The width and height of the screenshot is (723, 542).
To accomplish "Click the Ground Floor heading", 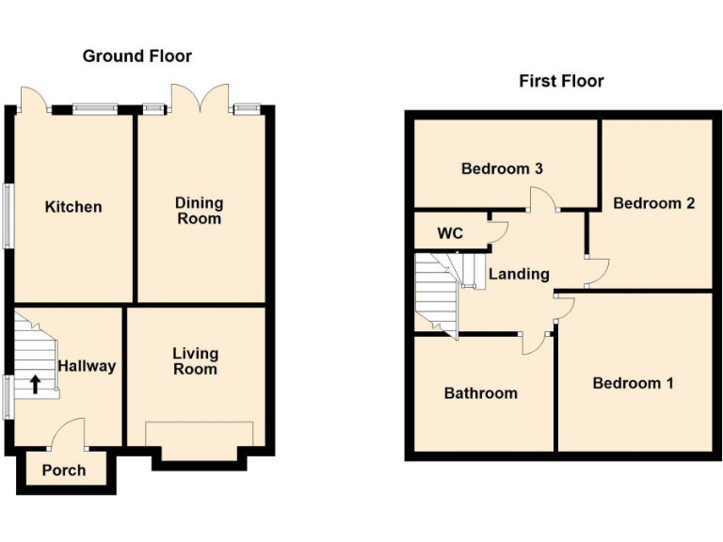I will tap(137, 56).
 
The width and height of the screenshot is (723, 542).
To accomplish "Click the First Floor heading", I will tap(561, 81).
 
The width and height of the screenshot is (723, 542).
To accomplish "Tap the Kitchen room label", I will tap(73, 206).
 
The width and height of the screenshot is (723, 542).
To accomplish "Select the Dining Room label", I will tap(199, 210).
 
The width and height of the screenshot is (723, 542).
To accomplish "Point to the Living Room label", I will tap(195, 360).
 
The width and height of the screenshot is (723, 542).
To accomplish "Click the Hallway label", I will tap(87, 365).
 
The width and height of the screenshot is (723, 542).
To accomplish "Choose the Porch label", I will tap(64, 470).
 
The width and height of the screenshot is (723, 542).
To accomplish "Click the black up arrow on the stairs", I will tap(35, 383).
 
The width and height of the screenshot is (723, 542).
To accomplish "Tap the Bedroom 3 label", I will tap(502, 169).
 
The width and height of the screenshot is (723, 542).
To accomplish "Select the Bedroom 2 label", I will tap(653, 202).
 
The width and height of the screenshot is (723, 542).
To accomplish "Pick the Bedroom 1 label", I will tap(633, 383).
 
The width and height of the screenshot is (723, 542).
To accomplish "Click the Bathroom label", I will tap(480, 392).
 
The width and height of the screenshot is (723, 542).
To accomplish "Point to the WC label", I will tap(450, 233).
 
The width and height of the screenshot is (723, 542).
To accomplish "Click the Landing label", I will tap(519, 274).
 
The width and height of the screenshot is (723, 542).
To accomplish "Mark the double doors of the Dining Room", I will tap(200, 97).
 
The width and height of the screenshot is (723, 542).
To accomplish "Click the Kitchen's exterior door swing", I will tap(31, 98).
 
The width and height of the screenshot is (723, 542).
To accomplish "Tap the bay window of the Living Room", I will tap(199, 442).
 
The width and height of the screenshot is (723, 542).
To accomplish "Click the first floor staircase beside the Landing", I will tap(436, 292).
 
